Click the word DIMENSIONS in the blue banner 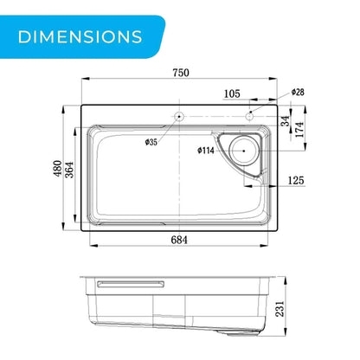coord(80,37)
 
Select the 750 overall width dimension coord(181,73)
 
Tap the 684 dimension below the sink coord(179,240)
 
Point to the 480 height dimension coord(58,169)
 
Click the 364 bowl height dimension coord(69,170)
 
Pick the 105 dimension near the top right coord(232,93)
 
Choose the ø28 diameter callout coord(298,92)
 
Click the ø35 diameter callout coord(151,142)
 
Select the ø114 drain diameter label coord(206,151)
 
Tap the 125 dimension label coord(296,181)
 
